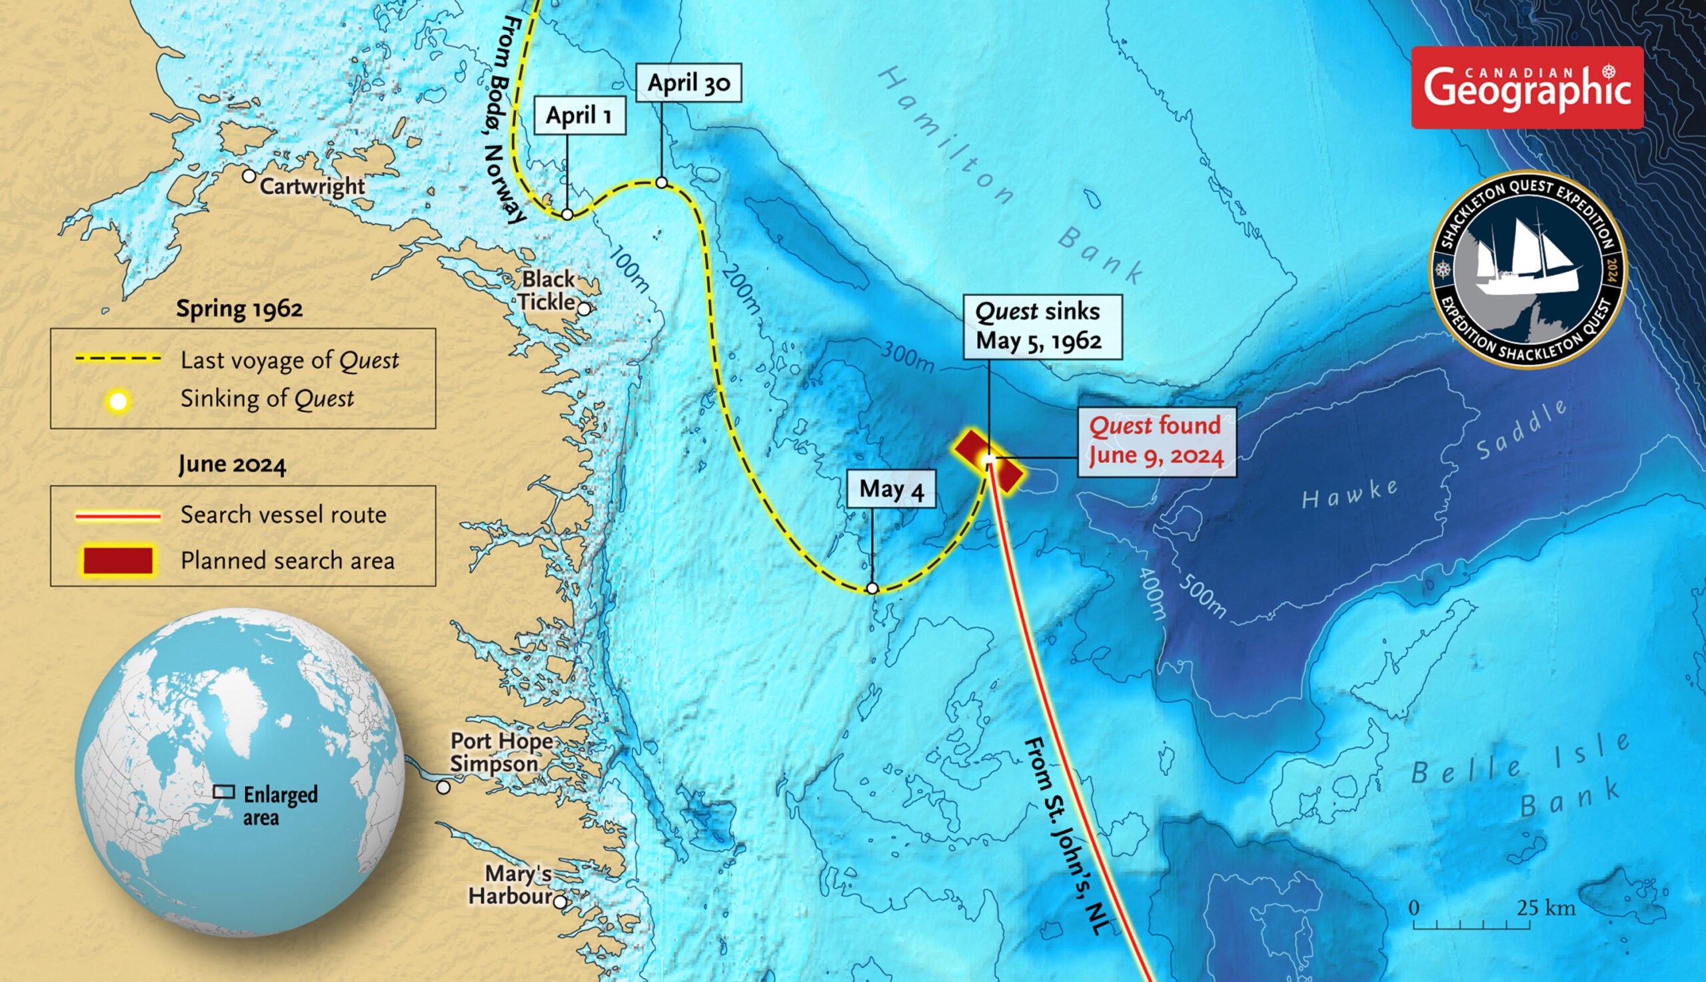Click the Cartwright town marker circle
[x=249, y=176]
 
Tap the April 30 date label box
[x=688, y=83]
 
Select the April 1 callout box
[x=579, y=115]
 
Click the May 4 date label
[x=890, y=488]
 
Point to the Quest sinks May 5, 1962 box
[x=1042, y=327]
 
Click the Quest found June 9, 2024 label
[x=1156, y=441]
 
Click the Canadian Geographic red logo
[x=1527, y=88]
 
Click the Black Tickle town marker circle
[x=584, y=309]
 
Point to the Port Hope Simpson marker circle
[x=443, y=787]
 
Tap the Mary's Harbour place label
[x=510, y=884]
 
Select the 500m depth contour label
[x=1202, y=597]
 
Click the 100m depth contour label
[x=630, y=269]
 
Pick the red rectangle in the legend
[x=119, y=561]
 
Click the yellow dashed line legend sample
[x=119, y=359]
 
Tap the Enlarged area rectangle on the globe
[x=224, y=792]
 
